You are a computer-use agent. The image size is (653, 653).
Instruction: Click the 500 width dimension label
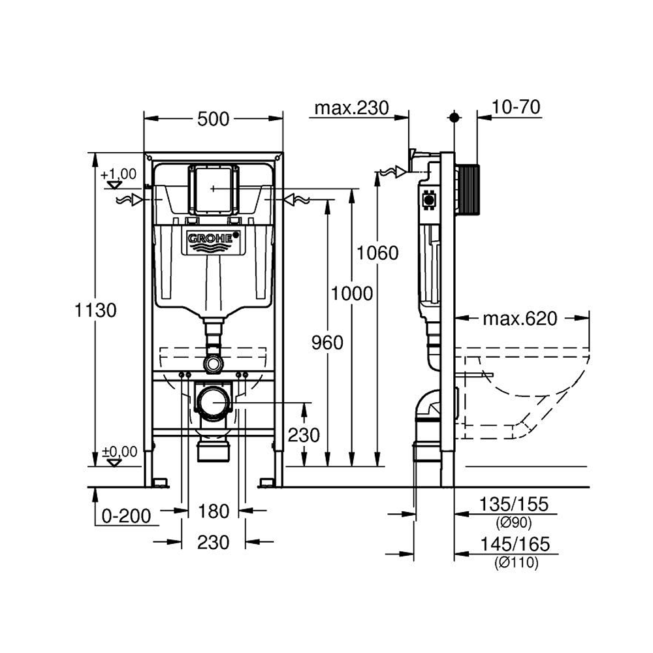point(214,119)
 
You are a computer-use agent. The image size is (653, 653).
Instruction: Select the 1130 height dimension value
point(95,310)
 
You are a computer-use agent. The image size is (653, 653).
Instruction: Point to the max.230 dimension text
point(351,108)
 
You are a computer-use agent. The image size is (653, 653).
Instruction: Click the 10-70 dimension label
point(516,107)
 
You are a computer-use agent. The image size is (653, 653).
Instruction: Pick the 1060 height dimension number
point(377,253)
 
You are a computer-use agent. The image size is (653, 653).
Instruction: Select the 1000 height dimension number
point(352,294)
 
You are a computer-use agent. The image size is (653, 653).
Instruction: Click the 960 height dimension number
point(327,343)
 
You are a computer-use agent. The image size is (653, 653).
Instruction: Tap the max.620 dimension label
point(520,319)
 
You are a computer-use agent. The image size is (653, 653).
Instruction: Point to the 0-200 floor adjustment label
point(126,516)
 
